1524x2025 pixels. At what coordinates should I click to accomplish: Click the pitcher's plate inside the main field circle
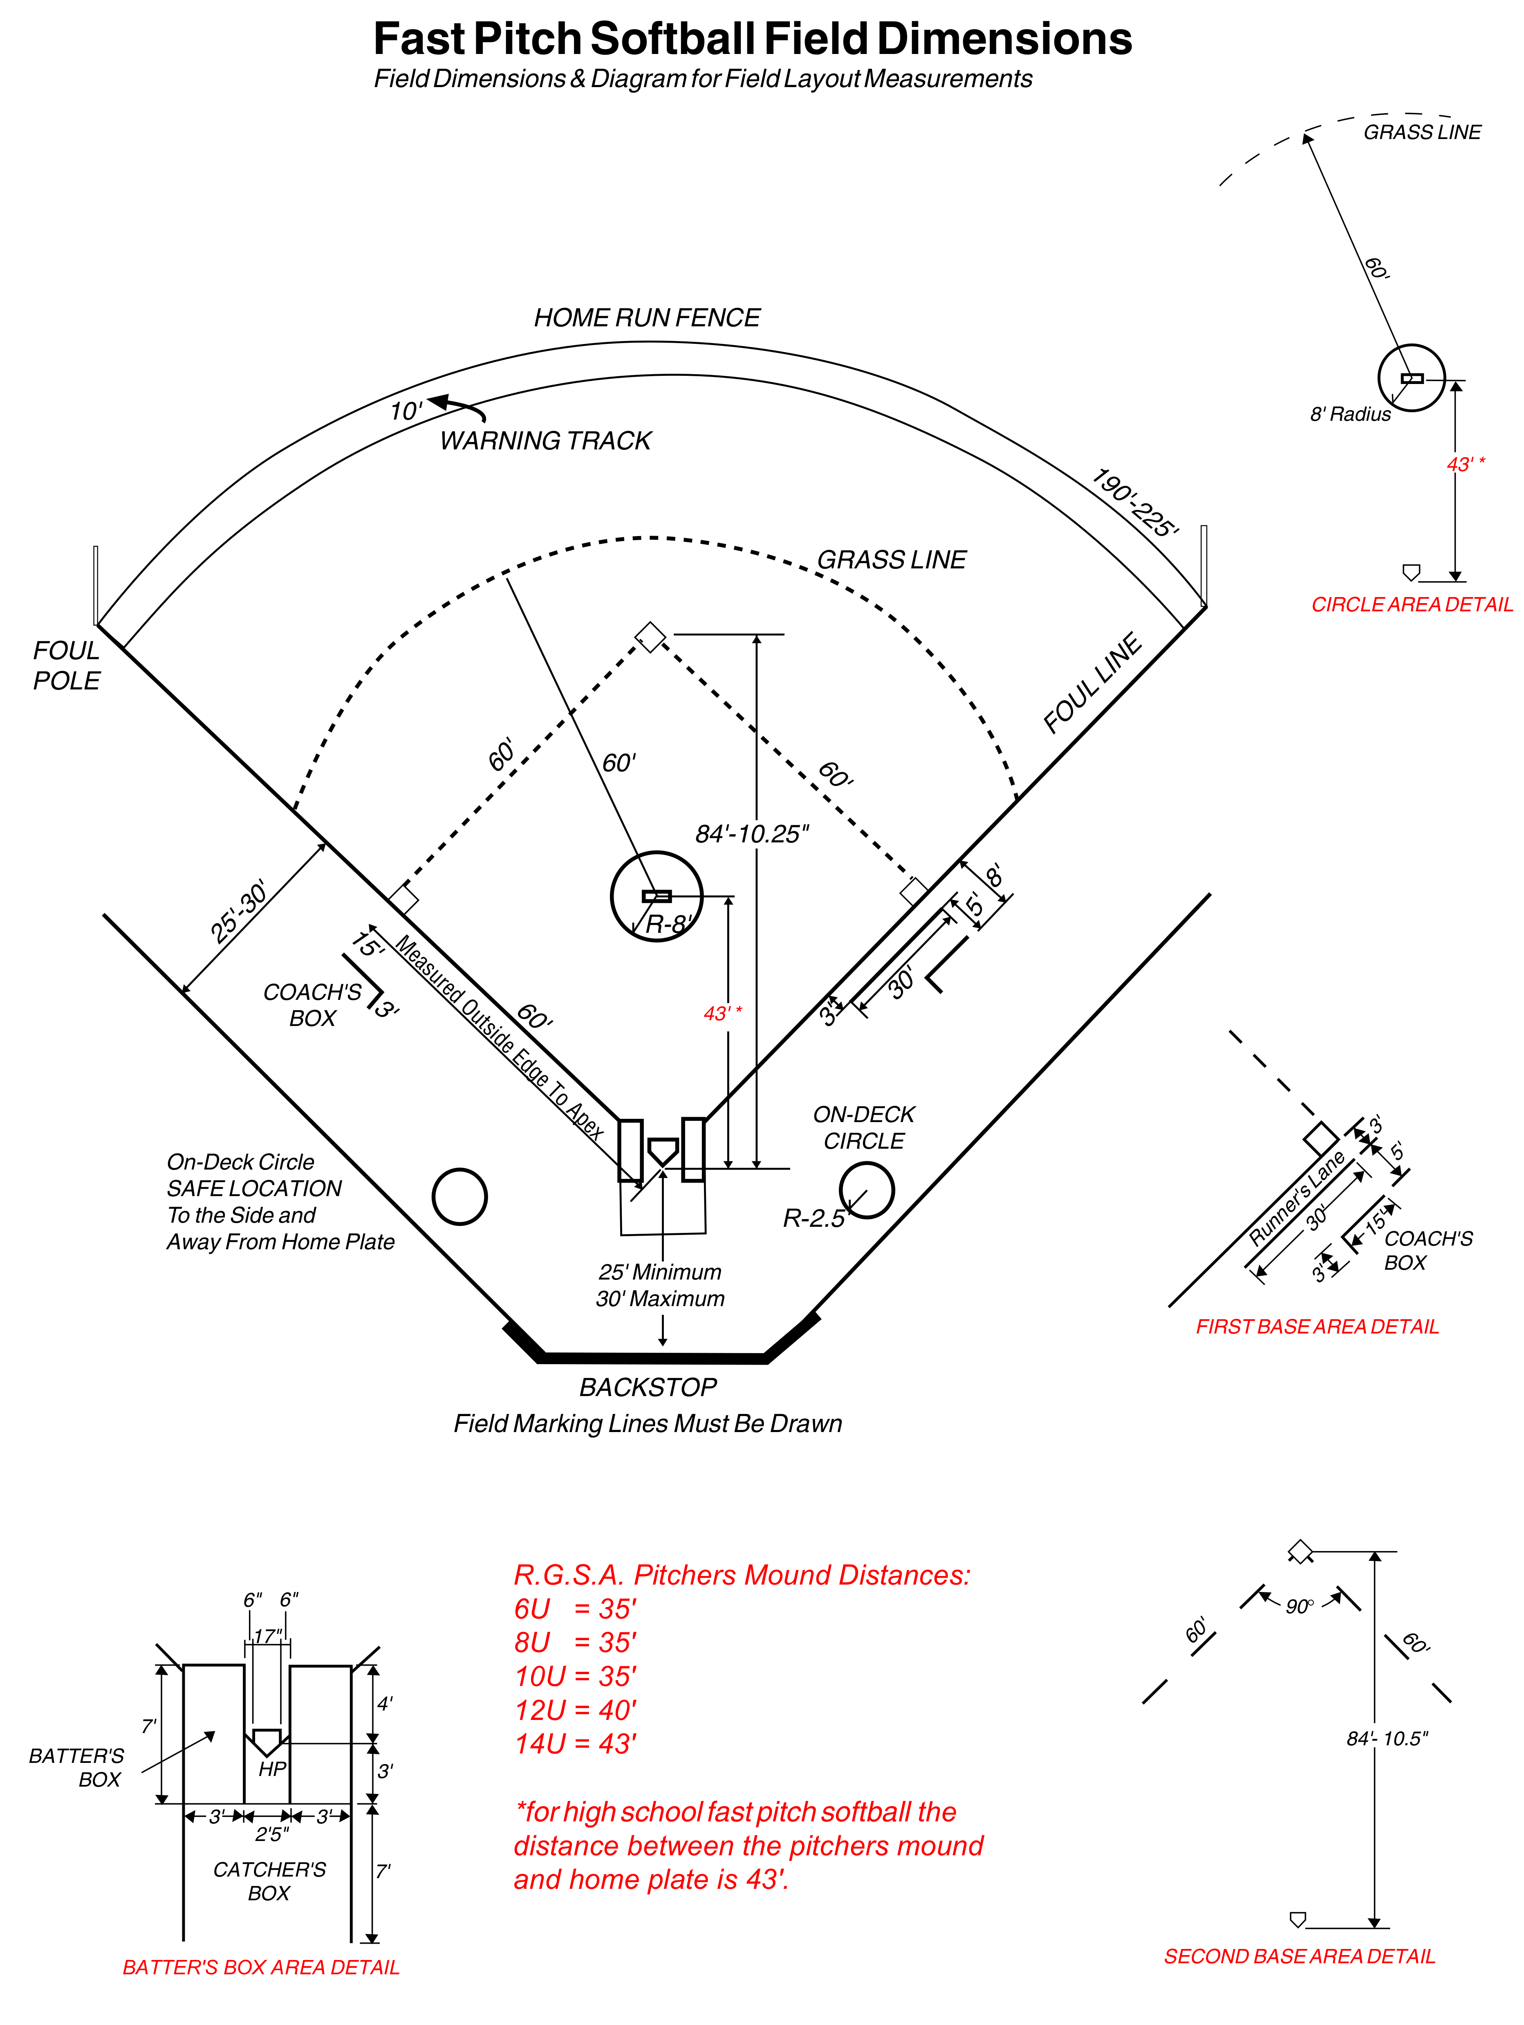coord(656,895)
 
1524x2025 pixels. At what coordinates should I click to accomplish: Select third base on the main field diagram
coord(403,899)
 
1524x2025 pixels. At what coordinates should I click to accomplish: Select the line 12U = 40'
coord(575,1710)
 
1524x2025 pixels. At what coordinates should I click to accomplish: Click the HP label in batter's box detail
coord(272,1769)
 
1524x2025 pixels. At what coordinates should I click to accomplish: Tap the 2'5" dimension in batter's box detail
coord(272,1834)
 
